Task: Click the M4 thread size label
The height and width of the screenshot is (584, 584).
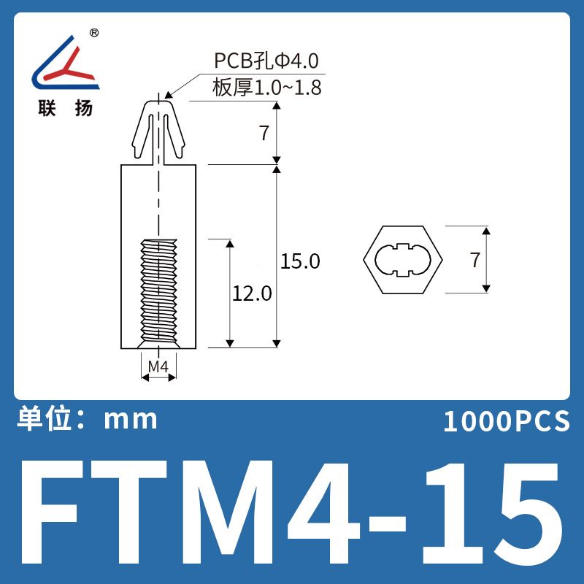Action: tap(158, 366)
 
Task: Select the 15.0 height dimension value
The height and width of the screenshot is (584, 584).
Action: tap(300, 261)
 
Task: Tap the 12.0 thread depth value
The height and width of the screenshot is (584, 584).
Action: tap(252, 293)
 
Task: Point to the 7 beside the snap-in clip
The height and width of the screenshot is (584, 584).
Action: tap(264, 133)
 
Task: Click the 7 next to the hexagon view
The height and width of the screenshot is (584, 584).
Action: tap(474, 260)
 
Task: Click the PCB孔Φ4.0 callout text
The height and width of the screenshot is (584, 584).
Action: tap(266, 61)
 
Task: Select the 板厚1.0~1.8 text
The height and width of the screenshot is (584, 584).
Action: tap(266, 88)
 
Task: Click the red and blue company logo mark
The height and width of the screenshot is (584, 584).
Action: tap(66, 63)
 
